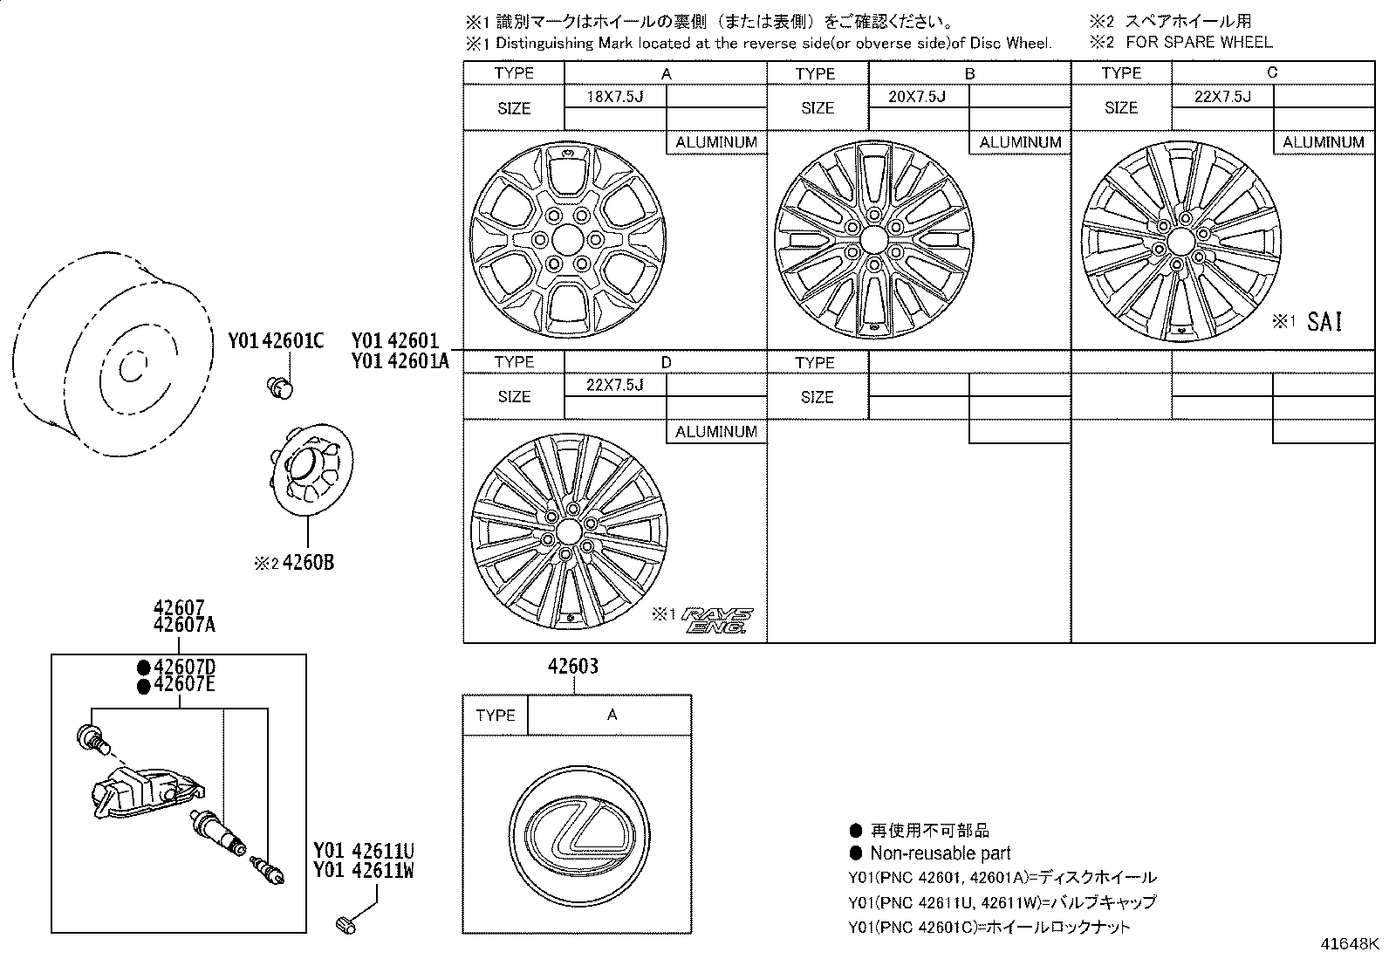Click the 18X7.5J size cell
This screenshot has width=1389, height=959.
pos(615,96)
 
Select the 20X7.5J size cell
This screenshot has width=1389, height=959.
pos(918,96)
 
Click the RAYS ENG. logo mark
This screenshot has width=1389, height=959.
pos(717,620)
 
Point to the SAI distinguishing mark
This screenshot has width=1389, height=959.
pos(1324,322)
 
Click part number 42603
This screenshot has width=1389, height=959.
pos(573,666)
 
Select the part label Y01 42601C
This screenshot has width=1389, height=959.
pos(276,340)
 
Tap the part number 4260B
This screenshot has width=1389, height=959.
pos(308,563)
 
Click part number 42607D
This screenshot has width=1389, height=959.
pos(184,667)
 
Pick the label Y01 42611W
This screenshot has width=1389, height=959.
pos(363,870)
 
